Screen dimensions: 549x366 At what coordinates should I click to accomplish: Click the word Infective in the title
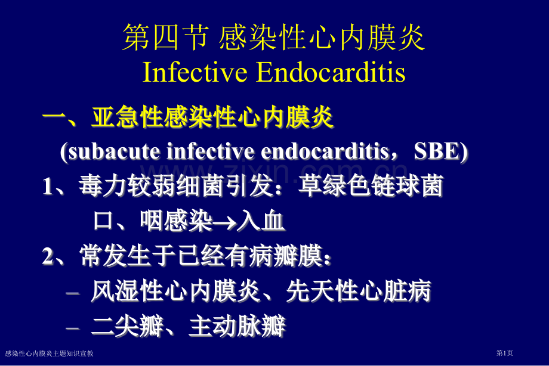click(x=195, y=72)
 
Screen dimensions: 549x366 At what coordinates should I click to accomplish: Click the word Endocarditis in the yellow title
click(x=331, y=72)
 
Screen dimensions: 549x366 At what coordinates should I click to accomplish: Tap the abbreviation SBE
click(x=437, y=151)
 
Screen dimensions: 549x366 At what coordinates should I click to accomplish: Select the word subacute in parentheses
click(x=114, y=151)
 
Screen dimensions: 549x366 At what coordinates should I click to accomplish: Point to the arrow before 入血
click(x=224, y=222)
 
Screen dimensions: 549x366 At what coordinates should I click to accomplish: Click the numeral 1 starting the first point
click(x=47, y=186)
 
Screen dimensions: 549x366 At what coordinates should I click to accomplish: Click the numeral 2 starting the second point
click(x=48, y=256)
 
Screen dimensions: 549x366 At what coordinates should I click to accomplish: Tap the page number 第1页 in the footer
click(x=504, y=353)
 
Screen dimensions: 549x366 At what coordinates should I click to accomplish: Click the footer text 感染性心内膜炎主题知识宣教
click(x=50, y=353)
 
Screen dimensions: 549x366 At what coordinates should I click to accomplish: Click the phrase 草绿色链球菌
click(x=371, y=185)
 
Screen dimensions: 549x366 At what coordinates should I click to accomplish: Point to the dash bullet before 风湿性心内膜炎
click(x=72, y=293)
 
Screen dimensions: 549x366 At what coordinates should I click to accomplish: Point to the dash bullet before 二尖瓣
click(x=72, y=328)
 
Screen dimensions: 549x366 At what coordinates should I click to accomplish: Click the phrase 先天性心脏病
click(x=358, y=291)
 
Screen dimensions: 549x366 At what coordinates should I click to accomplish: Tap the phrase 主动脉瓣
click(x=237, y=325)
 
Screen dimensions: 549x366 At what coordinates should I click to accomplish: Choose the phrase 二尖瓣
click(x=127, y=325)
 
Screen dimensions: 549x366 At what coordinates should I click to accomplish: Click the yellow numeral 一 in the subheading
click(x=54, y=116)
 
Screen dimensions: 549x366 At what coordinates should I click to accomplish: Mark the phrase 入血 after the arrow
click(x=261, y=221)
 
